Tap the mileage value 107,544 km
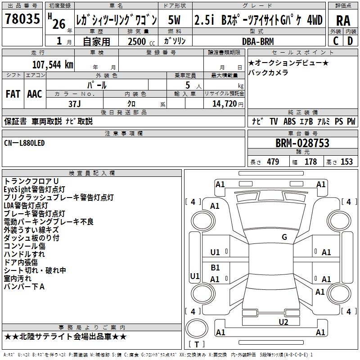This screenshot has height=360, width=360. point(53,64)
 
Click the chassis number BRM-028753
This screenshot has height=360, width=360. point(302,144)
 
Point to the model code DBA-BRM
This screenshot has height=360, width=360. point(257,41)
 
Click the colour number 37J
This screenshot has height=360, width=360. point(75,103)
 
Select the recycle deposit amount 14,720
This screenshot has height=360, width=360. point(224,103)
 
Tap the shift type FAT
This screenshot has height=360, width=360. point(13,94)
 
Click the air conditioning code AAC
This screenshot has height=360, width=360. point(34,94)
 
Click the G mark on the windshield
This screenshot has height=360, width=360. point(284,237)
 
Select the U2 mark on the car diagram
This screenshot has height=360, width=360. point(283,322)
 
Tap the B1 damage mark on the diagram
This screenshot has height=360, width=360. point(215,268)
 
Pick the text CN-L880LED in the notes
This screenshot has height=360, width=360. point(24,143)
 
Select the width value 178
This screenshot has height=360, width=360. point(310,162)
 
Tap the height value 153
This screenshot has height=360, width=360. point(346,162)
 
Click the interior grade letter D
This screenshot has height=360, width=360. point(350,40)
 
